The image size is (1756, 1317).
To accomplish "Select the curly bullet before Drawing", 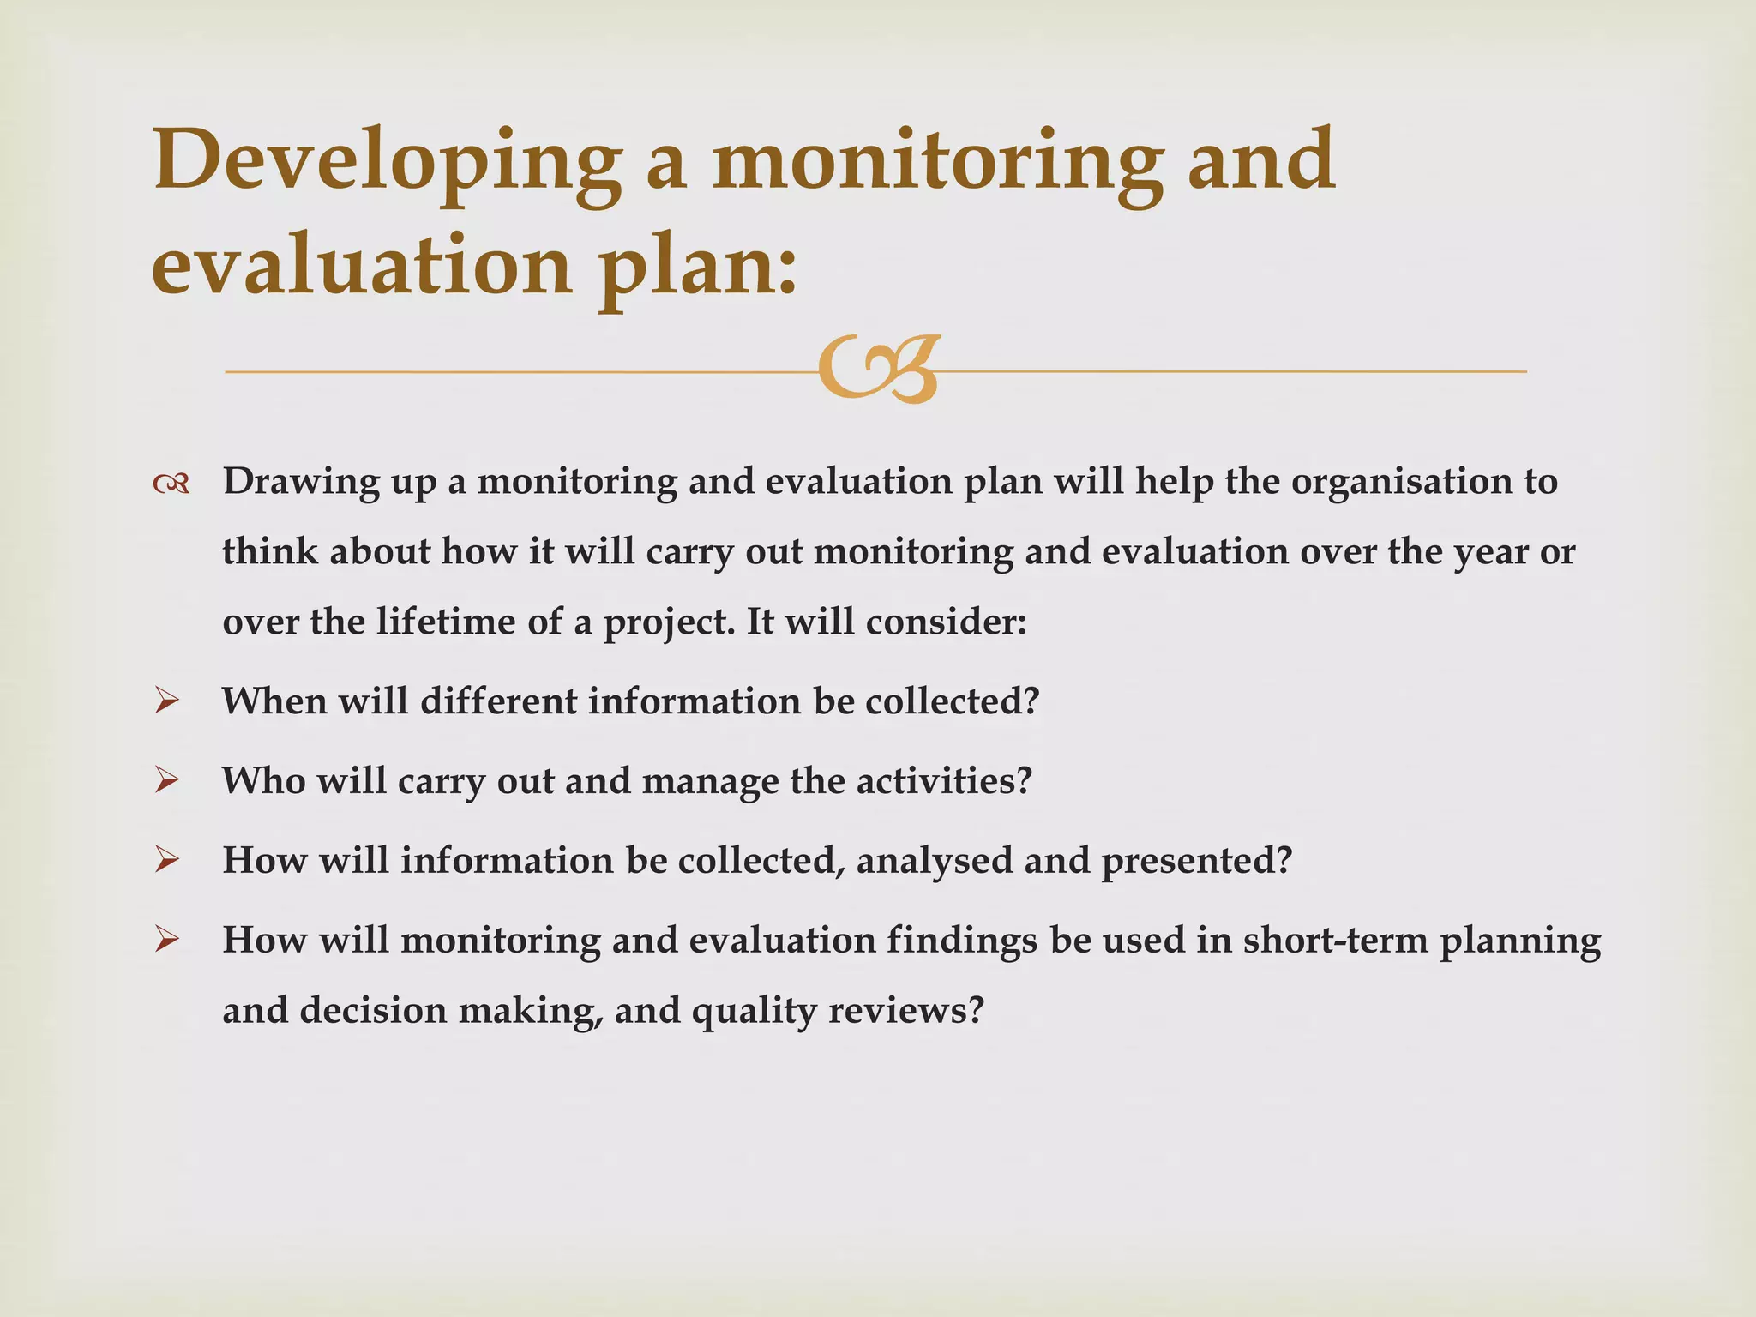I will [x=171, y=485].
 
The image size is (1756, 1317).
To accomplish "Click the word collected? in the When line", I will [x=952, y=701].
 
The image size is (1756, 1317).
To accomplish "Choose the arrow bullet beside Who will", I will [x=166, y=781].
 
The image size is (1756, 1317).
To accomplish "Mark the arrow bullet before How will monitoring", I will [x=166, y=941].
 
